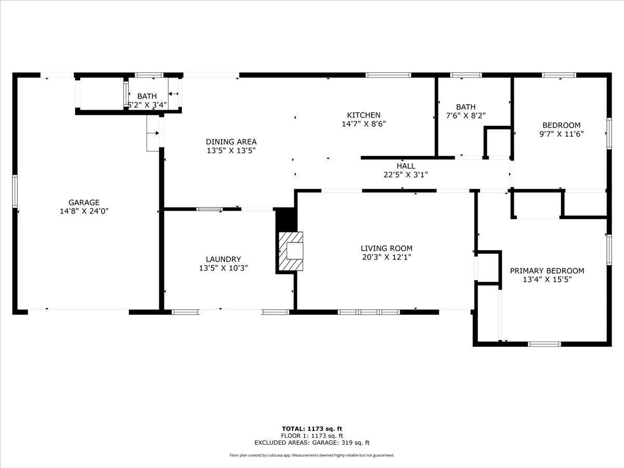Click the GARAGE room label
84,202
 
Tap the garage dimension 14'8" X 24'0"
84,211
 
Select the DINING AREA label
231,141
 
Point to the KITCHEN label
363,115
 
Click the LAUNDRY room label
223,259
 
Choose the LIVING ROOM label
386,249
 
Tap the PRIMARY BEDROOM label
547,270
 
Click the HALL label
406,166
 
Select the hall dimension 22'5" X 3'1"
406,175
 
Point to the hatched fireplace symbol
291,251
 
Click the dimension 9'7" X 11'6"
561,134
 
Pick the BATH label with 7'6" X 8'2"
465,107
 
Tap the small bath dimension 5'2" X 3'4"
147,105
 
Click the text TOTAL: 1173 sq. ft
312,428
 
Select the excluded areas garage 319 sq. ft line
312,443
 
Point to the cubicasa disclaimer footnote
312,455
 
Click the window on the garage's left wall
15,191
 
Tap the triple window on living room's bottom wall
369,312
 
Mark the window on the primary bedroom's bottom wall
544,344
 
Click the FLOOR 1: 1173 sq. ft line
312,436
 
